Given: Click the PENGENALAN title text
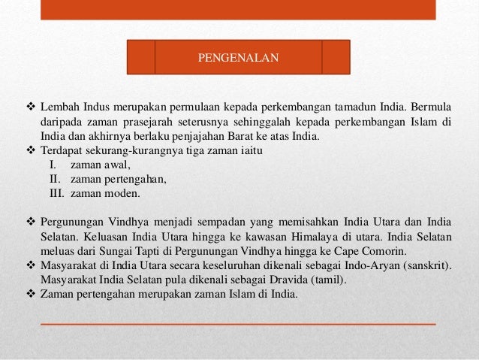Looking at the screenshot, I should point(237,56).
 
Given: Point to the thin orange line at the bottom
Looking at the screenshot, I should point(237,323).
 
